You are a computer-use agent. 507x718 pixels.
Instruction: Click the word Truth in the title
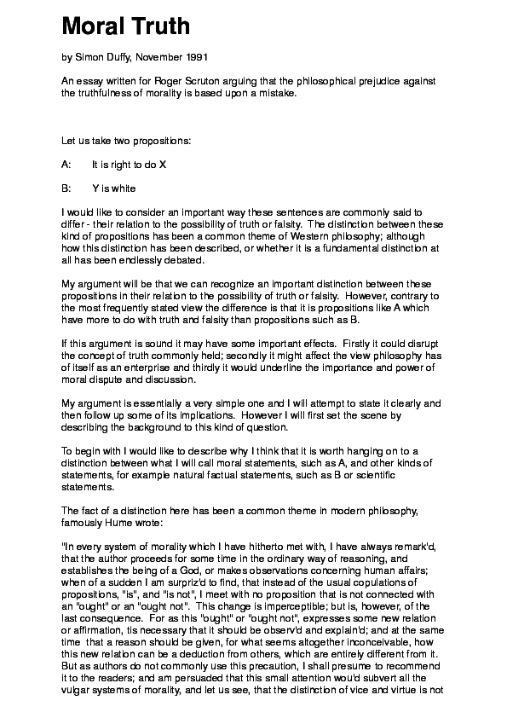(159, 26)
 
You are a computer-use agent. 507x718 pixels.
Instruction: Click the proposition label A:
(66, 163)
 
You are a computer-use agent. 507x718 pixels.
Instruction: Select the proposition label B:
(66, 188)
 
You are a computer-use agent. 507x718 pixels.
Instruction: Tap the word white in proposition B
(123, 188)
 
